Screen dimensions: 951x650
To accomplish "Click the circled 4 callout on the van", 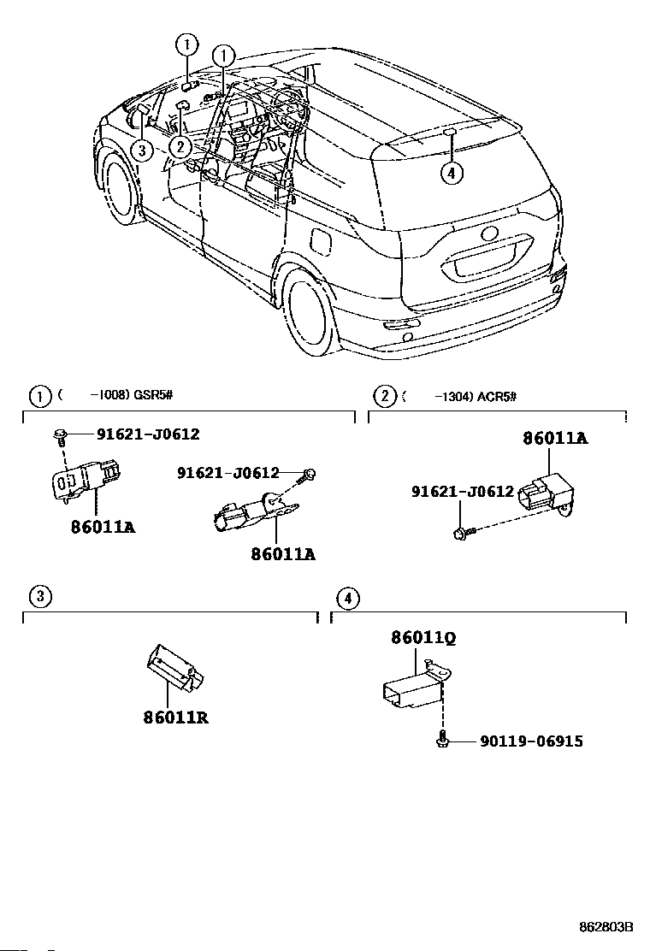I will pos(452,172).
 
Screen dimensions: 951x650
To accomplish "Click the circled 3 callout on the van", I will pos(142,151).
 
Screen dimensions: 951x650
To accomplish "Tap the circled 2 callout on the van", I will pos(179,146).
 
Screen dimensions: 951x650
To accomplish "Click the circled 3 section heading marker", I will pos(38,596).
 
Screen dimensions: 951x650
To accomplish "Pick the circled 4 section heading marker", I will pos(347,596).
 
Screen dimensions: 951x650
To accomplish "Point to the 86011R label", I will pos(176,717).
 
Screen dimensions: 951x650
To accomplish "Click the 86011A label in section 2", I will pos(555,439).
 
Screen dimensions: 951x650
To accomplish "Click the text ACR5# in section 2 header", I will pos(497,395).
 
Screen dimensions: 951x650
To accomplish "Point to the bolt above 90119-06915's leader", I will pos(441,740).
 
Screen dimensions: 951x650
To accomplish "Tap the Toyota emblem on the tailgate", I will pos(492,233).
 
